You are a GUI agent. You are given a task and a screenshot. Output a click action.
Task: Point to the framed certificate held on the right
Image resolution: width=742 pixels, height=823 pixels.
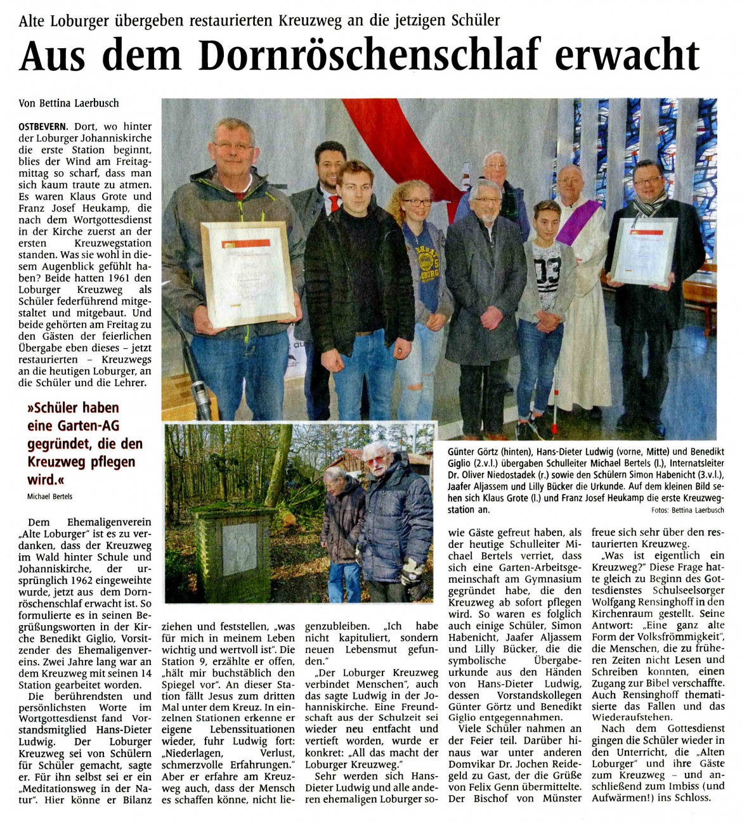[x=644, y=251]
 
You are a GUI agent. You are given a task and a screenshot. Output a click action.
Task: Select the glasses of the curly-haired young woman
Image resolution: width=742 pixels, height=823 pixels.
[x=415, y=203]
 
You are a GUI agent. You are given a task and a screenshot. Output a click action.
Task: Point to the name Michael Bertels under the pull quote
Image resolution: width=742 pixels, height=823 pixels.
[x=49, y=496]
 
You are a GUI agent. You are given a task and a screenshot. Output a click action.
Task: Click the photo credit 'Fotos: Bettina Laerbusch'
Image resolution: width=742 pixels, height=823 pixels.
[x=687, y=510]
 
